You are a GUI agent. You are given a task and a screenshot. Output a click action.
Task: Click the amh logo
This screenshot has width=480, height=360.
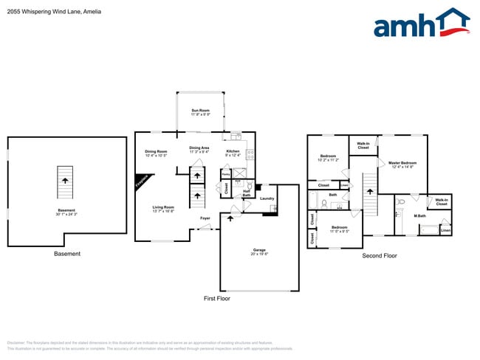pos(421,24)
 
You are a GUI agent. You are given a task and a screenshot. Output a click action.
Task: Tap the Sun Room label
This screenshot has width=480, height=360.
pos(201,112)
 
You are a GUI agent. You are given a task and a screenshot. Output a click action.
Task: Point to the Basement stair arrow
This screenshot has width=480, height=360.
pos(66,179)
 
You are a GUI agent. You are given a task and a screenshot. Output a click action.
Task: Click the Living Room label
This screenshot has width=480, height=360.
pos(163,209)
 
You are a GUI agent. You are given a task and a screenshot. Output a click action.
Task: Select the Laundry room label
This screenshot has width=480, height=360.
pos(267,198)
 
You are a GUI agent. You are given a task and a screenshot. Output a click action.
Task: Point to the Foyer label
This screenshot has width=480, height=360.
pos(205,218)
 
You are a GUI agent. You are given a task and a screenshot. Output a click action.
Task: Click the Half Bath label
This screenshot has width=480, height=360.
pos(246,194)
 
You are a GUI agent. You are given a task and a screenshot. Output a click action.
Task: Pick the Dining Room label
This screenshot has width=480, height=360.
pos(156,153)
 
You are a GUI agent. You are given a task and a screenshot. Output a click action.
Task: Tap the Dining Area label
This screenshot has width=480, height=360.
pos(199,149)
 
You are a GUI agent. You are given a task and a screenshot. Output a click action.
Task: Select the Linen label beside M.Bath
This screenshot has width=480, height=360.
pos(445,230)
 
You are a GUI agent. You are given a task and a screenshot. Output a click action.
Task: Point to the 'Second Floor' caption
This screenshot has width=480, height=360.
pos(379,255)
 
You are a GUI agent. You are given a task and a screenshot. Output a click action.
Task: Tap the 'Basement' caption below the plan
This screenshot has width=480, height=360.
pos(67,254)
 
